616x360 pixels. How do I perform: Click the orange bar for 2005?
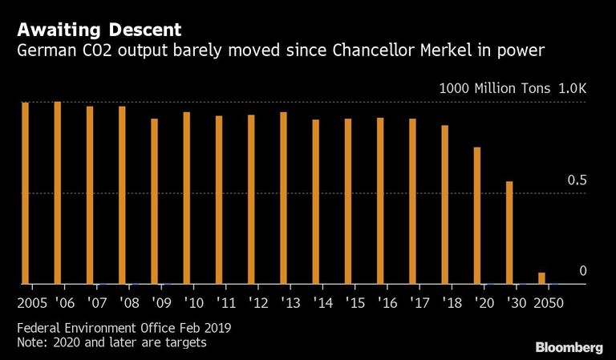pyautogui.click(x=25, y=192)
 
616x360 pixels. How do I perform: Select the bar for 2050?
pyautogui.click(x=541, y=278)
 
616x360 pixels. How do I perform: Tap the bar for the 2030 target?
pyautogui.click(x=509, y=233)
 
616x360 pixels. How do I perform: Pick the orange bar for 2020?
pyautogui.click(x=477, y=216)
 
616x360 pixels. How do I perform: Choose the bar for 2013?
pyautogui.click(x=283, y=198)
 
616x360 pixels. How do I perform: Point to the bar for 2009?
pyautogui.click(x=154, y=201)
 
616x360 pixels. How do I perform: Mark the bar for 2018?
pyautogui.click(x=444, y=204)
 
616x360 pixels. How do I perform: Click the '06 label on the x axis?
pyautogui.click(x=64, y=303)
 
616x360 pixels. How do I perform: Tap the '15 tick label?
pyautogui.click(x=355, y=303)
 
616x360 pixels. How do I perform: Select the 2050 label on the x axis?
pyautogui.click(x=549, y=303)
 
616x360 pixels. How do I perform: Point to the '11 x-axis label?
pyautogui.click(x=226, y=303)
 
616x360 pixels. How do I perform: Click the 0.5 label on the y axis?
pyautogui.click(x=577, y=180)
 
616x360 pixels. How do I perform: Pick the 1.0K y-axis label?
pyautogui.click(x=573, y=88)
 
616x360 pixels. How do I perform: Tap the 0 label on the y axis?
pyautogui.click(x=583, y=271)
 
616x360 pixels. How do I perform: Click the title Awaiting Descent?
pyautogui.click(x=99, y=30)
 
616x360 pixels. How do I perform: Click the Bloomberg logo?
pyautogui.click(x=569, y=348)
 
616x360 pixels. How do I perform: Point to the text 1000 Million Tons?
pyautogui.click(x=495, y=88)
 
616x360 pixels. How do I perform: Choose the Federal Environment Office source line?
pyautogui.click(x=124, y=327)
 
